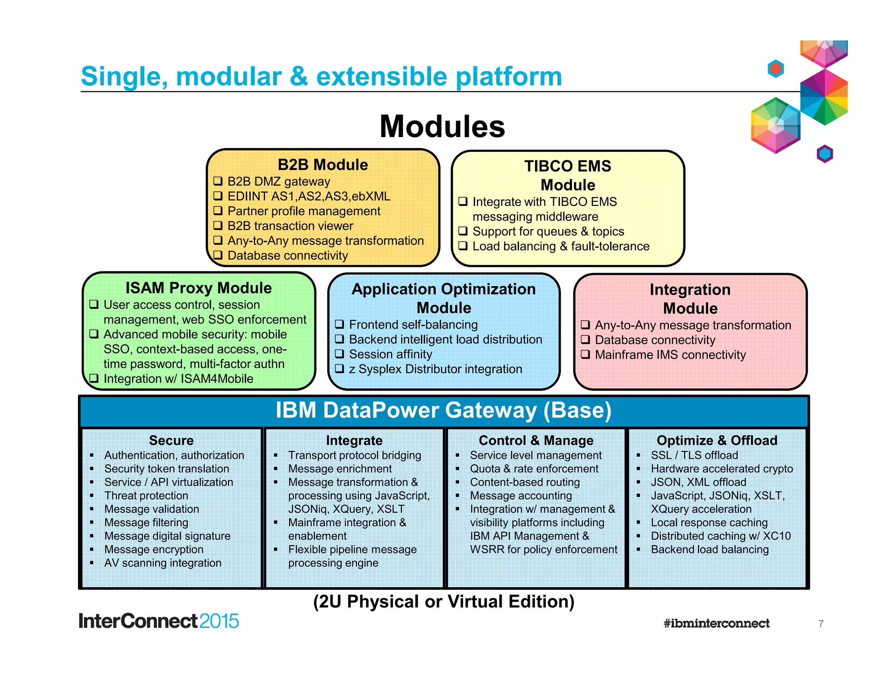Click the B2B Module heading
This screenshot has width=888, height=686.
[x=323, y=165]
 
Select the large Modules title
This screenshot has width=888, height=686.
[x=442, y=127]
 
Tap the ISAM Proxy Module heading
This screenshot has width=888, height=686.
[x=199, y=288]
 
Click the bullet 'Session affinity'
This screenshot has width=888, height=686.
[x=390, y=354]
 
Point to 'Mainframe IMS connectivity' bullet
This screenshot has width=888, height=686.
[x=670, y=355]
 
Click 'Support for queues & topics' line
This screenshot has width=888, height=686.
[x=548, y=232]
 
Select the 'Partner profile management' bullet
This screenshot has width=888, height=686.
[x=304, y=211]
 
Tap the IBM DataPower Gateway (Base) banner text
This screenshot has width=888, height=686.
[x=444, y=410]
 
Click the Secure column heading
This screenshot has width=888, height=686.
[x=171, y=441]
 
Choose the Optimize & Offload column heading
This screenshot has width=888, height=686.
[x=717, y=441]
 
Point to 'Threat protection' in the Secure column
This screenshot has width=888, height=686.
[x=146, y=496]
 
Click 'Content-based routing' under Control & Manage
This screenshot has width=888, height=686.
[x=525, y=482]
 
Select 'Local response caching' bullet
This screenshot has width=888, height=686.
[x=709, y=523]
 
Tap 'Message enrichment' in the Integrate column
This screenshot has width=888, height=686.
[x=340, y=469]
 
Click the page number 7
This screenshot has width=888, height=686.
[x=821, y=624]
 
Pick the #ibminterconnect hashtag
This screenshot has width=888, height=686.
[x=716, y=624]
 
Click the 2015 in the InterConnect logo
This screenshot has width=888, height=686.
[x=219, y=621]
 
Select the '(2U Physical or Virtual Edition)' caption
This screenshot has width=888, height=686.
[x=444, y=602]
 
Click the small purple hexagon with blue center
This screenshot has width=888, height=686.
[x=825, y=154]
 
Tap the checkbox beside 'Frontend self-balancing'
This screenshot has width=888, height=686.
[x=340, y=324]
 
